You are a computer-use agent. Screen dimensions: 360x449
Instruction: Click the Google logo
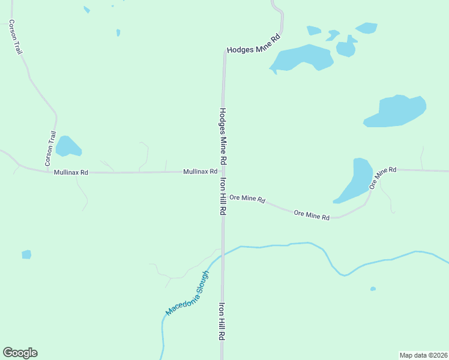click(x=20, y=353)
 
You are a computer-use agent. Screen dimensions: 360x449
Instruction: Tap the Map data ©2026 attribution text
click(x=423, y=355)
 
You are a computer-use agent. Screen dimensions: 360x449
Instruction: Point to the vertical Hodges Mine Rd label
click(x=223, y=137)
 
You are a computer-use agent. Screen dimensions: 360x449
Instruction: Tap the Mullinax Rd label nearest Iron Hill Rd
click(x=200, y=172)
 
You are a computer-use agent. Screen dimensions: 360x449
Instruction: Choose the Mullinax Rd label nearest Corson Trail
click(x=71, y=173)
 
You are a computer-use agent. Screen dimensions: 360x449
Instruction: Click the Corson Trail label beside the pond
click(x=50, y=149)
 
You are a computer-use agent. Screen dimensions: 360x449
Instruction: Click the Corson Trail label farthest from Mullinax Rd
click(x=16, y=37)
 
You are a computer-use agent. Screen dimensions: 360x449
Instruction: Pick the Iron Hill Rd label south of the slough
click(x=221, y=321)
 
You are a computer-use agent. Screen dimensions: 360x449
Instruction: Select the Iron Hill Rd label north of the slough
click(x=223, y=196)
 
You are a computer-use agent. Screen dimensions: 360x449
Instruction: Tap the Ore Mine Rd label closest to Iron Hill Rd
click(x=247, y=199)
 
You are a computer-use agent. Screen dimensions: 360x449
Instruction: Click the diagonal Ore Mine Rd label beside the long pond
click(x=382, y=178)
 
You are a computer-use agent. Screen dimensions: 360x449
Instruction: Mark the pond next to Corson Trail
click(x=67, y=146)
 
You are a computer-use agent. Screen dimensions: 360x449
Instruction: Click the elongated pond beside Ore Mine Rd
click(x=355, y=179)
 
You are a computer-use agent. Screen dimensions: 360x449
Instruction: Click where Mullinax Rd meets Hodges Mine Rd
click(x=223, y=172)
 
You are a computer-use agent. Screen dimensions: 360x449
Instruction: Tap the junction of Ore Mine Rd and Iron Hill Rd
click(x=223, y=193)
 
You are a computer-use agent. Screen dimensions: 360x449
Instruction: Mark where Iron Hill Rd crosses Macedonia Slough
click(x=223, y=253)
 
